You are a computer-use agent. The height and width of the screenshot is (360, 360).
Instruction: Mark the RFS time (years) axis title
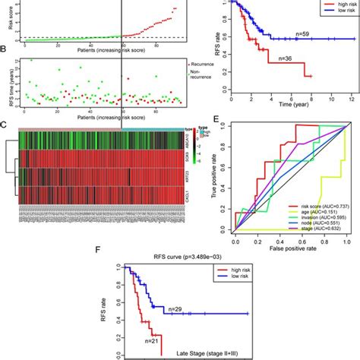coord(8,81)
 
